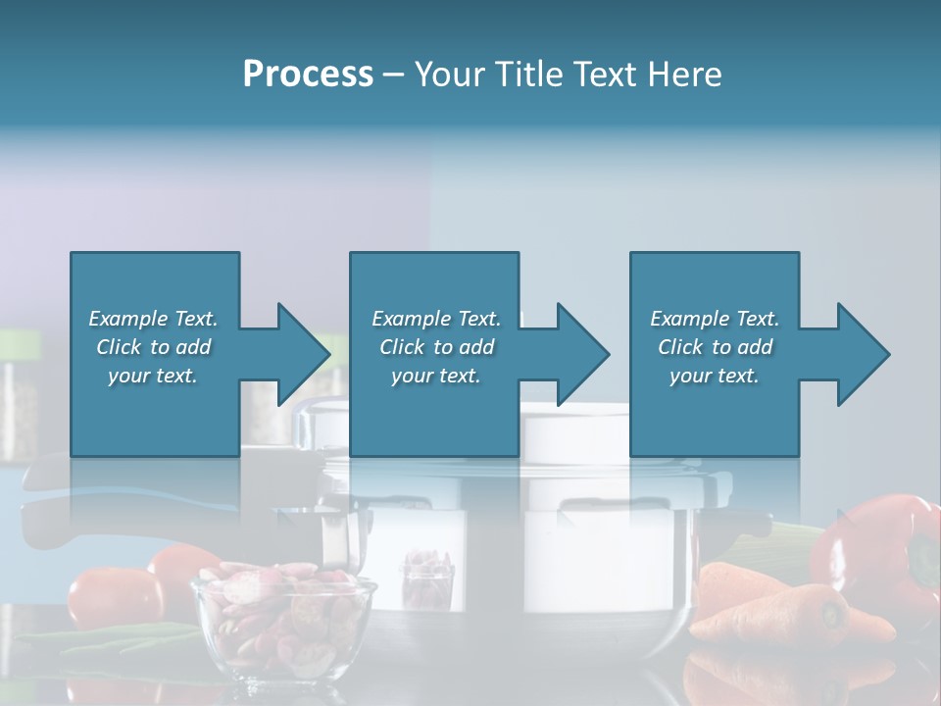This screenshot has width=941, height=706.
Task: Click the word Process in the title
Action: pyautogui.click(x=308, y=75)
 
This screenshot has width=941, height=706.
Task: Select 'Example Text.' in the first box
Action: pyautogui.click(x=153, y=319)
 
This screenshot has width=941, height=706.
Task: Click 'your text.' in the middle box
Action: pyautogui.click(x=436, y=376)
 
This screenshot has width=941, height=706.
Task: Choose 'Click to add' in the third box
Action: pyautogui.click(x=715, y=347)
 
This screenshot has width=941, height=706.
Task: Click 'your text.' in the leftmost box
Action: pyautogui.click(x=153, y=376)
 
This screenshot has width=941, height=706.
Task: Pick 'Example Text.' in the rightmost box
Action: pyautogui.click(x=715, y=319)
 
